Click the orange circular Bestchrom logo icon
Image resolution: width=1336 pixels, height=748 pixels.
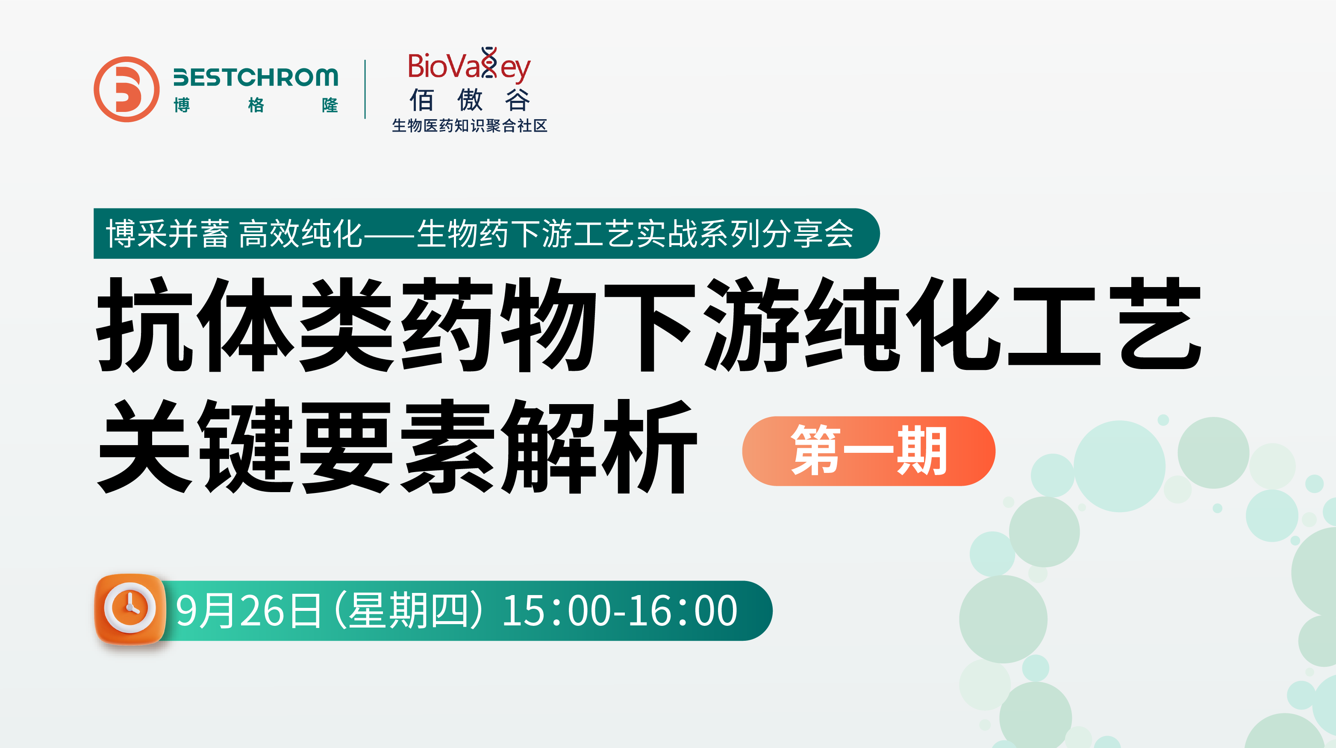[127, 89]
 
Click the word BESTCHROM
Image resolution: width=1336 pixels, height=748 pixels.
[256, 77]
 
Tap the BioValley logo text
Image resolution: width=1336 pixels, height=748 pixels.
[469, 65]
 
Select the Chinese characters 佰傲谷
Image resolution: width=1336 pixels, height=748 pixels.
[469, 100]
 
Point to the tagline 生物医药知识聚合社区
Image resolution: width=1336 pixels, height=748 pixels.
[469, 126]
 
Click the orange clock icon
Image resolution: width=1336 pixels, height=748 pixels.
[130, 609]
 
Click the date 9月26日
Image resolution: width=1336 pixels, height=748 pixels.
[248, 610]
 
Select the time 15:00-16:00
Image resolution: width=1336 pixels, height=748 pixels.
[619, 610]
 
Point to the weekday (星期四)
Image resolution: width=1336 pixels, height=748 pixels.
[410, 610]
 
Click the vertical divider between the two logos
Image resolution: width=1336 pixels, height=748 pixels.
[365, 89]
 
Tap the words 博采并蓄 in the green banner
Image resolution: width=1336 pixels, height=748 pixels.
[168, 234]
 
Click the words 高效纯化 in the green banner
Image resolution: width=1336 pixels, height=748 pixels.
[300, 234]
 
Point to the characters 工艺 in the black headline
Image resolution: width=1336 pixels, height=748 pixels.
[1104, 325]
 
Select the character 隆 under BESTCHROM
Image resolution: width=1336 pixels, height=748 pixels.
[330, 105]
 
